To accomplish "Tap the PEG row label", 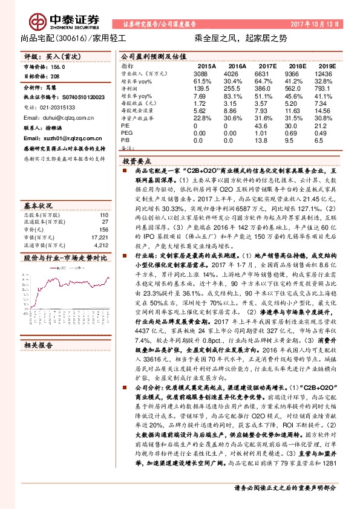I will click(128, 133).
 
